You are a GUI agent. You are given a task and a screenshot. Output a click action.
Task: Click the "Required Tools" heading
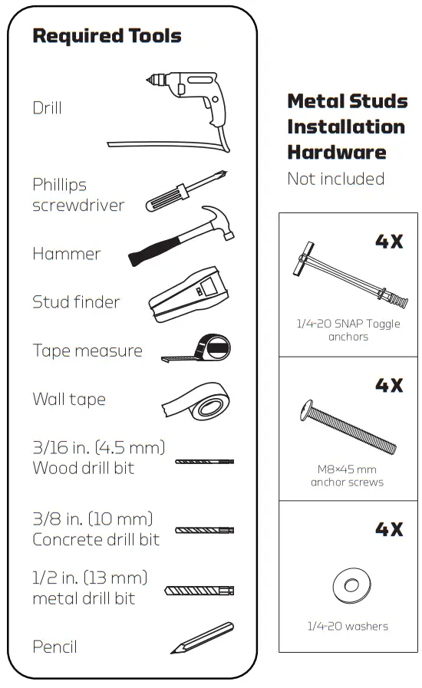(107, 36)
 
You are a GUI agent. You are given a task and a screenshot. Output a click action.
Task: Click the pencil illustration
(201, 639)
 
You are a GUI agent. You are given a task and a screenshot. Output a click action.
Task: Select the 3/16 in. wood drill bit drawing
(204, 462)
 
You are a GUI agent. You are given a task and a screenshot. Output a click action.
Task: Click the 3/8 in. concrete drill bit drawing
(204, 530)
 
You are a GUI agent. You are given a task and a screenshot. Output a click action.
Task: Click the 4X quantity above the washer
(388, 529)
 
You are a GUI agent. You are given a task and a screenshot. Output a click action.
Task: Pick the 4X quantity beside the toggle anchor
(388, 241)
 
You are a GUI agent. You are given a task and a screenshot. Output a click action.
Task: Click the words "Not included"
(335, 179)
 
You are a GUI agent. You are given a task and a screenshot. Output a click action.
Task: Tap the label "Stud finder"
(76, 302)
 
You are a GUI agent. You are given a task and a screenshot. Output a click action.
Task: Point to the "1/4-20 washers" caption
(348, 627)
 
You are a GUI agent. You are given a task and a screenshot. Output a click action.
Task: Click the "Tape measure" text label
(87, 351)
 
